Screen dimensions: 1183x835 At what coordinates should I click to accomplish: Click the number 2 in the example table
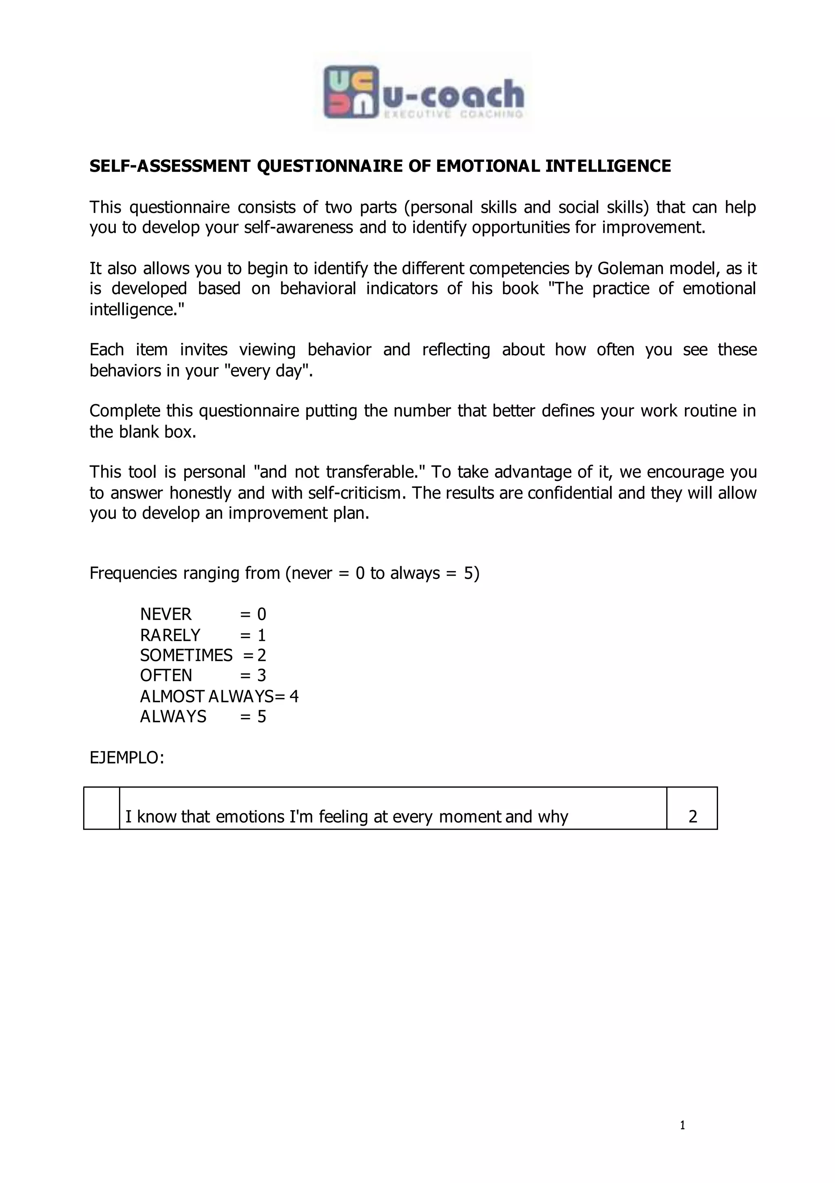point(692,817)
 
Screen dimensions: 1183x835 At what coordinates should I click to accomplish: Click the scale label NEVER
point(166,615)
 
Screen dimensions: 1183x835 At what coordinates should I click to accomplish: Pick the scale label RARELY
point(170,635)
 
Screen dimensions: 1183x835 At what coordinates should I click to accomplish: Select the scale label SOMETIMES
point(186,656)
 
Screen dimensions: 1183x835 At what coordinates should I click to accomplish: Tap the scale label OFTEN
point(166,676)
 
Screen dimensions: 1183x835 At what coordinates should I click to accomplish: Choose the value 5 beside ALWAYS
point(262,717)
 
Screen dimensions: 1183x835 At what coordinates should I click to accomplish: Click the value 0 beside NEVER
point(262,615)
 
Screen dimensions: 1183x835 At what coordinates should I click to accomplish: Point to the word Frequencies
point(133,574)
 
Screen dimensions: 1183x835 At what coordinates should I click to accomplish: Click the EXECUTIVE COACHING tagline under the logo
point(453,114)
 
